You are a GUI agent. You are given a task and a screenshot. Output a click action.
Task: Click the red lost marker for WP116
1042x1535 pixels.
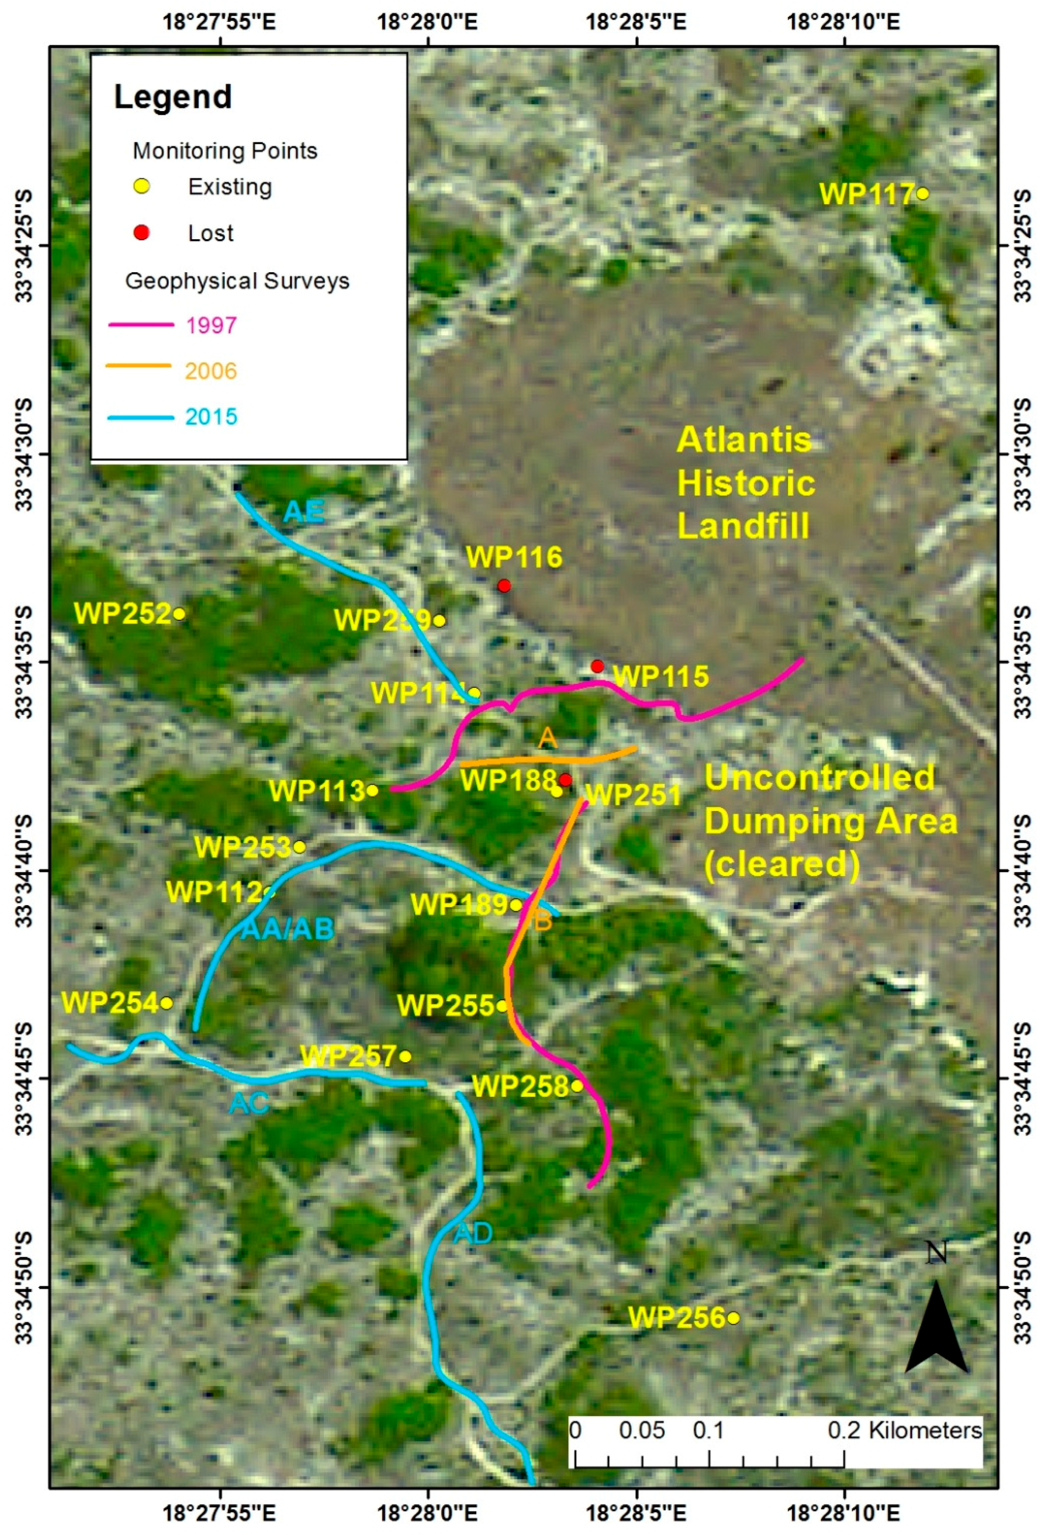point(503,585)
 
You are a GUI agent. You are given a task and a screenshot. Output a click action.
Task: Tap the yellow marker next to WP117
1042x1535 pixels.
point(923,194)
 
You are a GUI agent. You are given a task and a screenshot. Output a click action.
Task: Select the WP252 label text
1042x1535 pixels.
point(123,614)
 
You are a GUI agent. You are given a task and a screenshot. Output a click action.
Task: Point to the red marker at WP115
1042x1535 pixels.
point(597,666)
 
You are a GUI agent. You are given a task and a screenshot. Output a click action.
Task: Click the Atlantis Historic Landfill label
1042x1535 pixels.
point(745,484)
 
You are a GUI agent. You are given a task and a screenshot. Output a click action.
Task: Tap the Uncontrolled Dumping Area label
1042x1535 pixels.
point(830,821)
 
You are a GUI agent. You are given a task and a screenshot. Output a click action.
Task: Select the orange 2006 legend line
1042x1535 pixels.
point(139,365)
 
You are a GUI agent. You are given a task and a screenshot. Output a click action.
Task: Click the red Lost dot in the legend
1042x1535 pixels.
point(141,232)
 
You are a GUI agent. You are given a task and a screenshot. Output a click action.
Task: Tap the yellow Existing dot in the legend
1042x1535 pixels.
point(141,187)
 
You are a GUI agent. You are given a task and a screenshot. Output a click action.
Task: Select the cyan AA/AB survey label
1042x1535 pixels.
point(288,929)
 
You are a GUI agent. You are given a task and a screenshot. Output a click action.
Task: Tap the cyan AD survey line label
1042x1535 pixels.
point(473,1232)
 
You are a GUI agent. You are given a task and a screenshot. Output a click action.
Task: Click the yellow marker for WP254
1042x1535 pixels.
point(167,1003)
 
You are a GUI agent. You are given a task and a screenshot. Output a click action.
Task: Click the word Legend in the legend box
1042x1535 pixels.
point(173,97)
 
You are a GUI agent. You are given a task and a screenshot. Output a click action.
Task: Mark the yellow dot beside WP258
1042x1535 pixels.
point(577,1086)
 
